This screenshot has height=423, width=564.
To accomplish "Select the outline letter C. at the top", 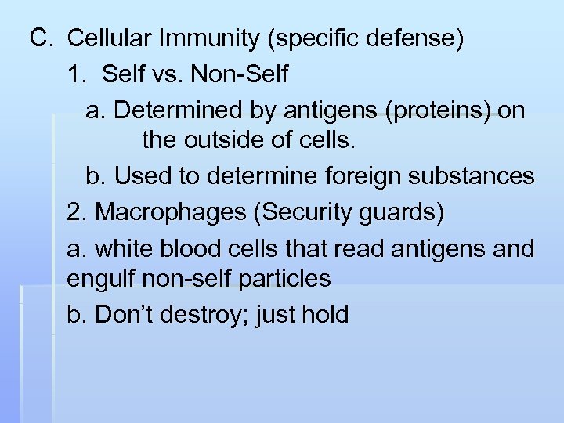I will (41, 38).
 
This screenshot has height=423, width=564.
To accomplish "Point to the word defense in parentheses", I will (417, 38).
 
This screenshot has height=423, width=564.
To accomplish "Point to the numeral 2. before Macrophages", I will (77, 212).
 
